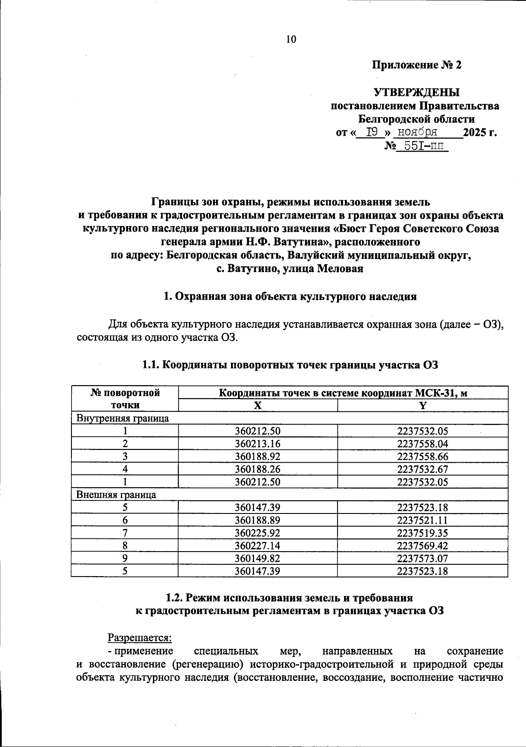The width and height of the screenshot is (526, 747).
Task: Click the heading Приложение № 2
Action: [x=416, y=65]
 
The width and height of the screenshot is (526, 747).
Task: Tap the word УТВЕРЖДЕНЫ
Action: [x=416, y=92]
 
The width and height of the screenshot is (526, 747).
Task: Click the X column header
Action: [x=258, y=406]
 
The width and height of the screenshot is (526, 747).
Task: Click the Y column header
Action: [x=423, y=406]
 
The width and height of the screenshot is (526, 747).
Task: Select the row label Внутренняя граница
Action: [x=123, y=418]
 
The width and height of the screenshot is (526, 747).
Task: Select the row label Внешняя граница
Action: [x=116, y=495]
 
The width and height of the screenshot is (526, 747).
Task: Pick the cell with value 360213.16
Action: [x=258, y=444]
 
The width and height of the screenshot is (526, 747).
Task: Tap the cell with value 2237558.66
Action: [x=423, y=457]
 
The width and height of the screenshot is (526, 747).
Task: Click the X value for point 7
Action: [x=258, y=533]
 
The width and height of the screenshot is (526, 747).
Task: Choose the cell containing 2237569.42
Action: [x=423, y=546]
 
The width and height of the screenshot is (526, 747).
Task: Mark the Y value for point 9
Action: [x=423, y=559]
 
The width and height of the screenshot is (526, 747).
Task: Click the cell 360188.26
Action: [x=258, y=469]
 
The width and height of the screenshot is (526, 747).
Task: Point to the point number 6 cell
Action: [x=125, y=520]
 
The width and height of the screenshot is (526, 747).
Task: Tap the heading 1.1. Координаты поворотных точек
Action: [x=290, y=365]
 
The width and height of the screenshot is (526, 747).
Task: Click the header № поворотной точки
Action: [x=125, y=399]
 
